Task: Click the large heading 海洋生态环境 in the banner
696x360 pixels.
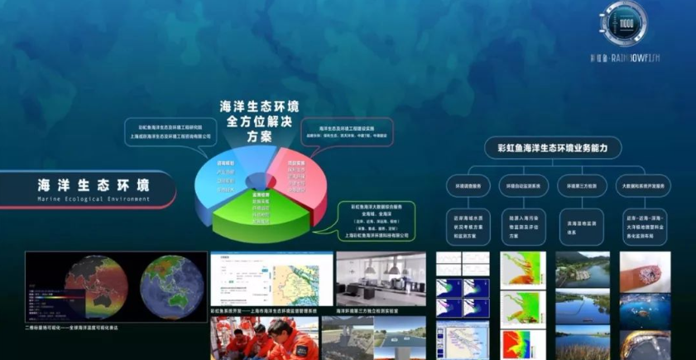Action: coord(93,185)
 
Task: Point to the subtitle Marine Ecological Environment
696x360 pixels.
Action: coord(93,199)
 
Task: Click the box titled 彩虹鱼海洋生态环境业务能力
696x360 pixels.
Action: coord(552,147)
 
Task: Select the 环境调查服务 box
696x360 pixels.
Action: coord(468,186)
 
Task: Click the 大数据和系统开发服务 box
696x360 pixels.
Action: coord(643,186)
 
